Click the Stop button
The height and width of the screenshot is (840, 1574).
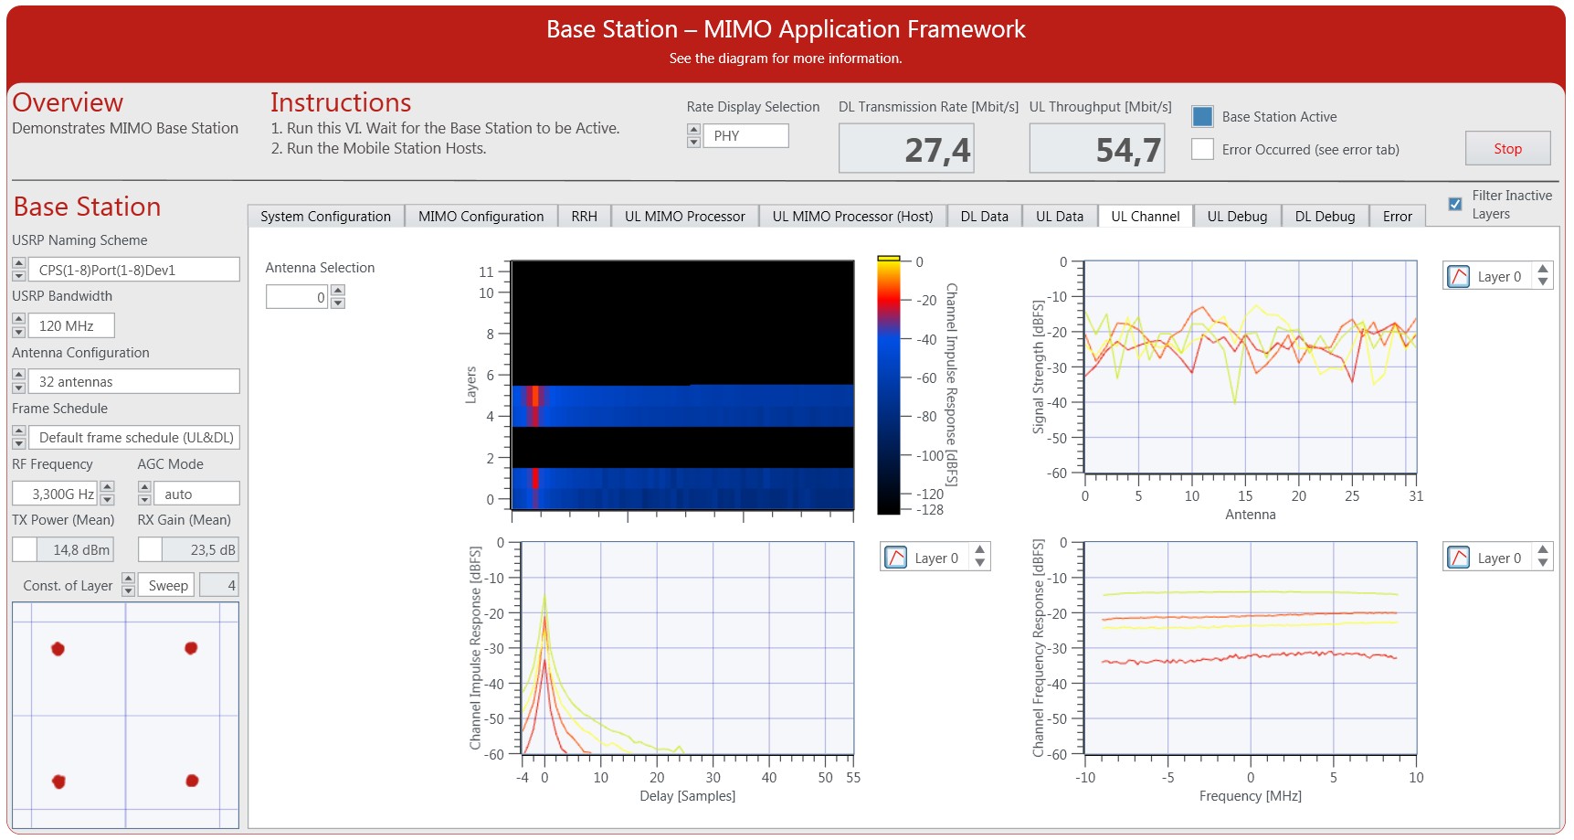click(x=1507, y=148)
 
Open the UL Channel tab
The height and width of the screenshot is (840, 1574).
click(x=1145, y=217)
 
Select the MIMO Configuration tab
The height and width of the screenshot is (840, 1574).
click(x=481, y=217)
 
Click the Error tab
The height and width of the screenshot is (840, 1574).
click(x=1397, y=217)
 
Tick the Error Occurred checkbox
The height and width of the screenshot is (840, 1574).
click(x=1202, y=149)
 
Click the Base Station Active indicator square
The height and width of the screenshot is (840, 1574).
click(x=1202, y=116)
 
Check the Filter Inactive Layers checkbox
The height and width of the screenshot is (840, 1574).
click(x=1455, y=204)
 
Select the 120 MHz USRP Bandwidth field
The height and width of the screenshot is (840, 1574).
click(x=70, y=325)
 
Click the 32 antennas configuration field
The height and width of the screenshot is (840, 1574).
click(x=133, y=381)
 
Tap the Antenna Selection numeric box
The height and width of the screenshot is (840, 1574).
click(x=296, y=297)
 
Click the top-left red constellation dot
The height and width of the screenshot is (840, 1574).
click(x=58, y=649)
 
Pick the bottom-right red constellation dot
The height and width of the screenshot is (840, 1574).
click(x=192, y=781)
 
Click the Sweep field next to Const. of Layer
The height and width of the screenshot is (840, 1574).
click(x=168, y=586)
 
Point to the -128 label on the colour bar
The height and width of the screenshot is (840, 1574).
click(x=931, y=510)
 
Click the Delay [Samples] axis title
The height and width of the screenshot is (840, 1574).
click(x=687, y=796)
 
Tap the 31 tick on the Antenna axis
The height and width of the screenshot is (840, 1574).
click(x=1415, y=496)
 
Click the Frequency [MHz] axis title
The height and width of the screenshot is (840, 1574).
click(x=1250, y=796)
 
